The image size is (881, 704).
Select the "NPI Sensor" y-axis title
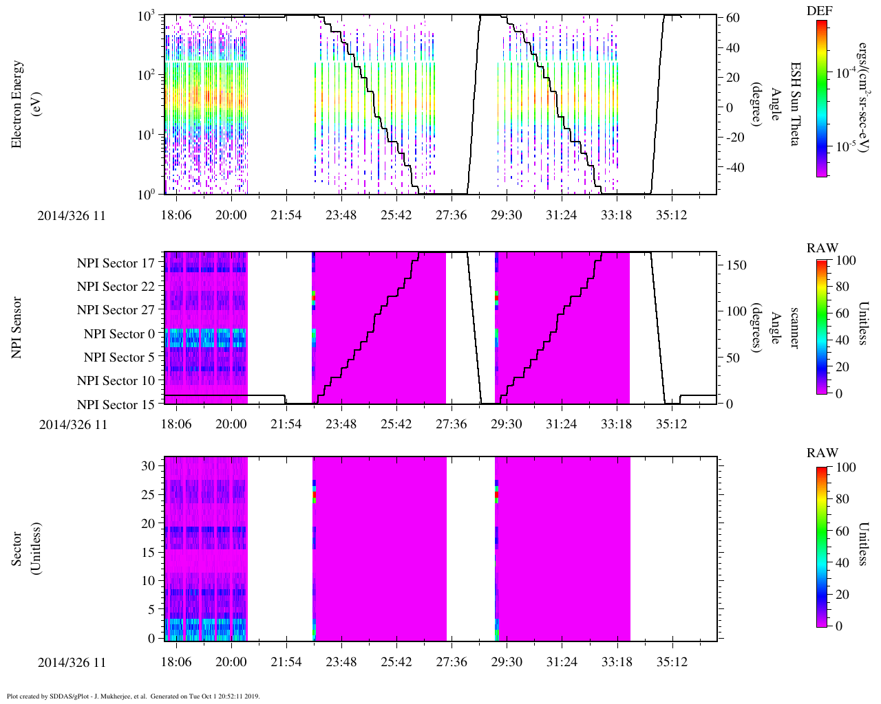[17, 327]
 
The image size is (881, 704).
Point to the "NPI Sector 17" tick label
[116, 263]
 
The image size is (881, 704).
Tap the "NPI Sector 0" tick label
[119, 334]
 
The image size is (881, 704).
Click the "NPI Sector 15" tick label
[116, 405]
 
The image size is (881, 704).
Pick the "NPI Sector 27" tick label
[116, 310]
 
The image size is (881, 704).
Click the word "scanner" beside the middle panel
[795, 328]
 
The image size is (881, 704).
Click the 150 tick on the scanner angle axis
[736, 265]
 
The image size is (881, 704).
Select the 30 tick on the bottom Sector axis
[148, 466]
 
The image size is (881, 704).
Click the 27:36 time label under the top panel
[451, 215]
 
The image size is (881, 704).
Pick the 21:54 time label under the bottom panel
[286, 662]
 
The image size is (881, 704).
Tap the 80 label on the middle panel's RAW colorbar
[842, 287]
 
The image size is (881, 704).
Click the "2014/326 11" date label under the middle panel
[73, 424]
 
